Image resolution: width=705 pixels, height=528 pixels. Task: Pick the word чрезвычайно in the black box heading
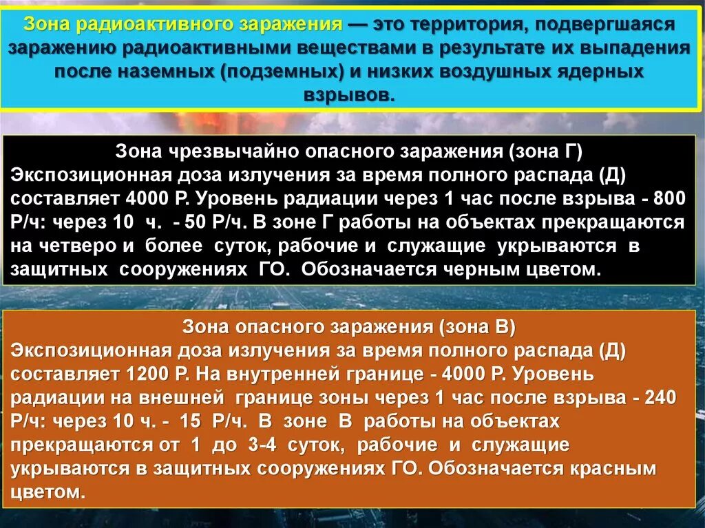coord(230,151)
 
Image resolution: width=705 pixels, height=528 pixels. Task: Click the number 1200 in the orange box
coord(149,374)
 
